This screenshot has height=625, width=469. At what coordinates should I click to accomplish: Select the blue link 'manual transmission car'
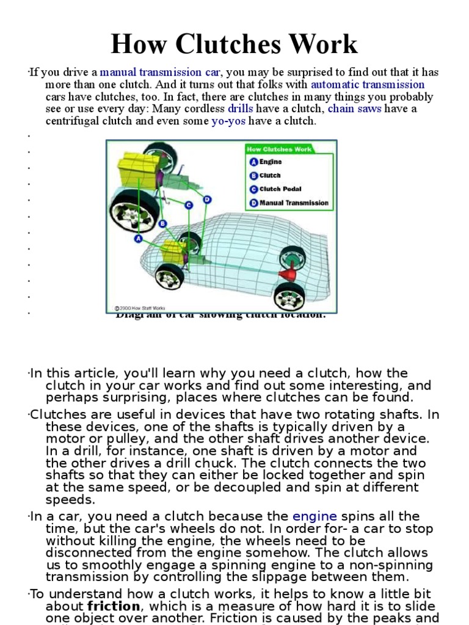[x=160, y=72]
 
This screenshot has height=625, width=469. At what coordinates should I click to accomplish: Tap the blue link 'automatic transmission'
[x=367, y=84]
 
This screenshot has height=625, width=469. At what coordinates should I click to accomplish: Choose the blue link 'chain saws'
[x=354, y=109]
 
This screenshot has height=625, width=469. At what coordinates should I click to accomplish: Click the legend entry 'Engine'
[x=271, y=162]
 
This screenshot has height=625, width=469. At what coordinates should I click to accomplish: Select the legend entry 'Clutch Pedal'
[x=280, y=189]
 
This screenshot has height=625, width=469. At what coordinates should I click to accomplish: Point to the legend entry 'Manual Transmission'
[x=293, y=203]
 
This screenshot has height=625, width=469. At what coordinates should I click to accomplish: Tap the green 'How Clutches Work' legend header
[x=278, y=149]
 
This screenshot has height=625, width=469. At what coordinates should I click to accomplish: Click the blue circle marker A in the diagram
[x=139, y=237]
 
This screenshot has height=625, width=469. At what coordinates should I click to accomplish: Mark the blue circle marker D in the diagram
[x=207, y=199]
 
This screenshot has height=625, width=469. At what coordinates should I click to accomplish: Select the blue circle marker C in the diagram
[x=189, y=204]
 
